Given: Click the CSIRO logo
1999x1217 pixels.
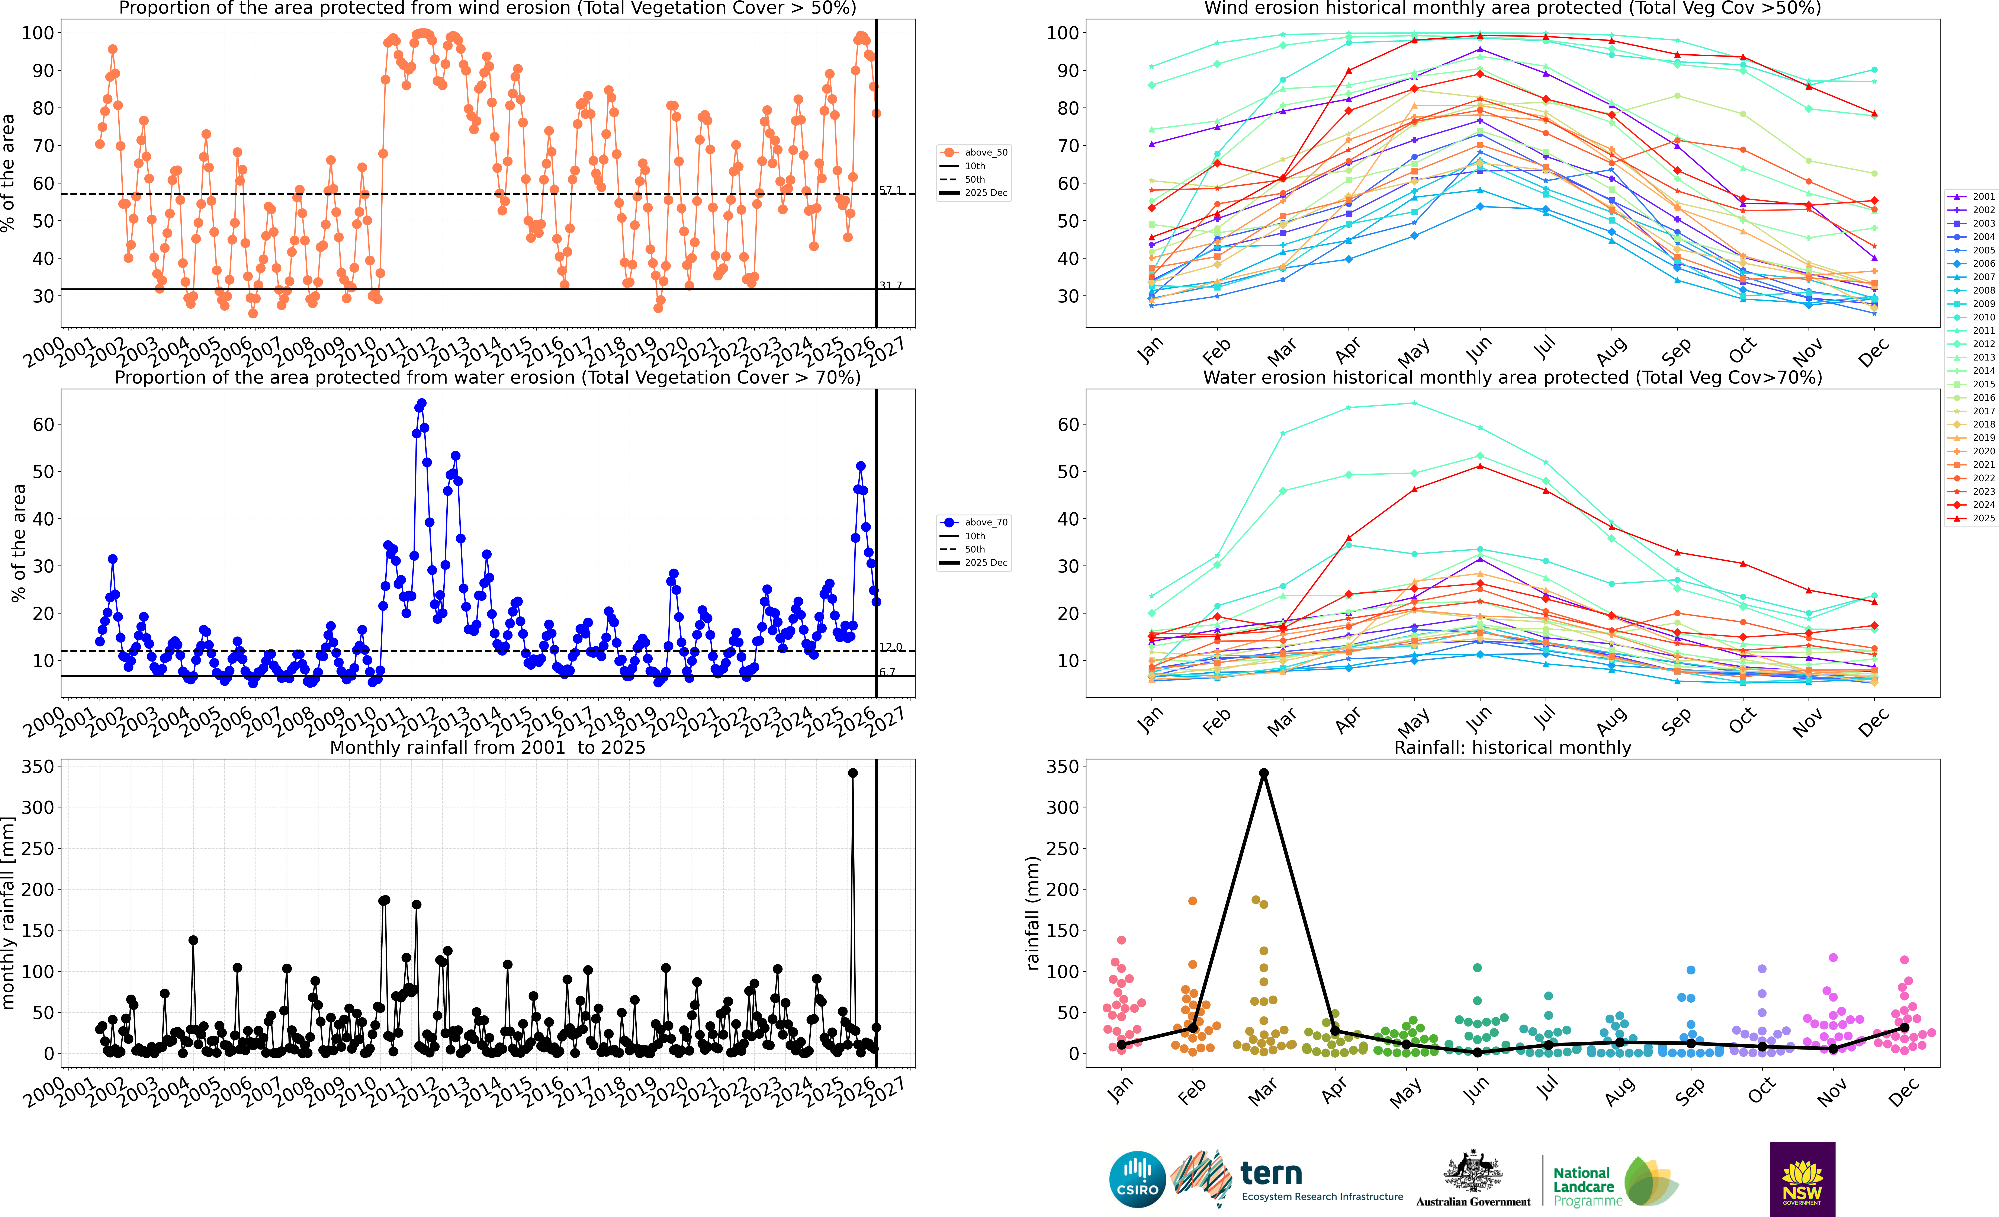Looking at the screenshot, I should pyautogui.click(x=1137, y=1179).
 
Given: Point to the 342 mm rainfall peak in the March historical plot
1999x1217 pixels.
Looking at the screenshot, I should pyautogui.click(x=1263, y=773).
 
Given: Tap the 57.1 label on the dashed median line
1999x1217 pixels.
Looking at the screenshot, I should pyautogui.click(x=890, y=190).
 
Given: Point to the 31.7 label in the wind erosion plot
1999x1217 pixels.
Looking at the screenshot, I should pyautogui.click(x=890, y=286).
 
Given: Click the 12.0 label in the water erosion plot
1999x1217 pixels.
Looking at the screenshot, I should pyautogui.click(x=890, y=647).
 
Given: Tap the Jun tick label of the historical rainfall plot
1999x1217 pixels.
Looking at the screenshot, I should pyautogui.click(x=1476, y=1091).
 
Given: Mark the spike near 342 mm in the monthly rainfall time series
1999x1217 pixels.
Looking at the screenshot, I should pyautogui.click(x=853, y=773).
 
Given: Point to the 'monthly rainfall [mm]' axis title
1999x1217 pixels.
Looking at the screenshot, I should pyautogui.click(x=8, y=913).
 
